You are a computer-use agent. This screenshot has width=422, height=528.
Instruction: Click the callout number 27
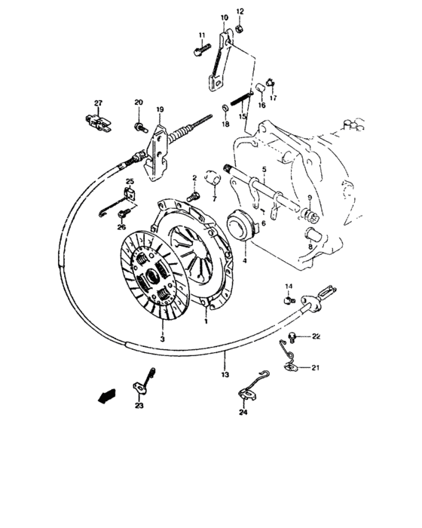click(x=97, y=103)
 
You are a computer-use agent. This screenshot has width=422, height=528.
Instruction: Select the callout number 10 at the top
click(x=224, y=17)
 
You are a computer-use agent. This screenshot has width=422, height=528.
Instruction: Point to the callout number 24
click(x=243, y=413)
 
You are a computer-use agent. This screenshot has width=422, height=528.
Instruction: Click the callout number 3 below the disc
click(x=161, y=339)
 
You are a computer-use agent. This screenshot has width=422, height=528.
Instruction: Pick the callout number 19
click(x=160, y=110)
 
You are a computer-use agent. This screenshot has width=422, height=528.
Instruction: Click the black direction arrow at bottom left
click(x=107, y=394)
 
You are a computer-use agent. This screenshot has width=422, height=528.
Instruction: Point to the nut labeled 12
click(x=238, y=29)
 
